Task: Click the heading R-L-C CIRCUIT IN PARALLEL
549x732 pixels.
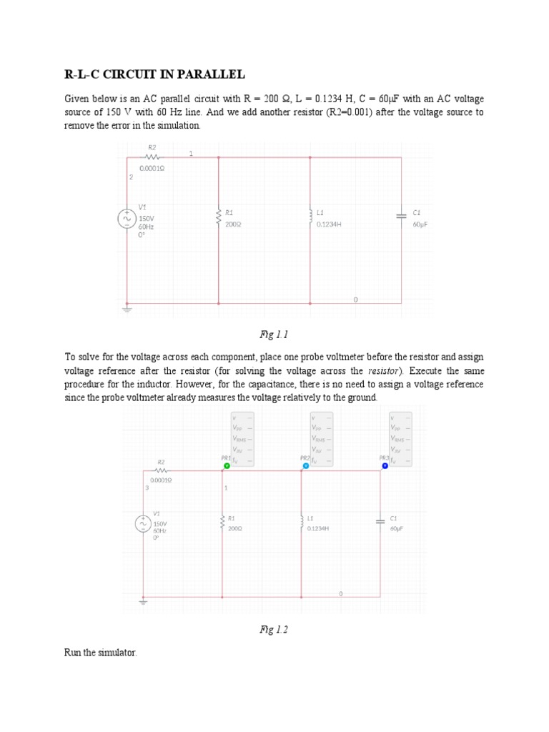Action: (x=154, y=74)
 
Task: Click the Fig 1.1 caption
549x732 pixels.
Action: (x=274, y=335)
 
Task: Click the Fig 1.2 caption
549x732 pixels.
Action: (x=274, y=630)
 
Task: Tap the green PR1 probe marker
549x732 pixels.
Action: (x=227, y=465)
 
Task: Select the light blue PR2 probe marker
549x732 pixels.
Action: (x=306, y=465)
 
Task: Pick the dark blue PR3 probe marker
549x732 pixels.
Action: (x=385, y=465)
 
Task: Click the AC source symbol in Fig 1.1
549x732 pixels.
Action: (x=127, y=218)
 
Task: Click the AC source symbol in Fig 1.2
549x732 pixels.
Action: (x=143, y=524)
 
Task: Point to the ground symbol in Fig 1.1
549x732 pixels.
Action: (x=127, y=308)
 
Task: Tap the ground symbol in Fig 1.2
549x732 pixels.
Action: (x=143, y=602)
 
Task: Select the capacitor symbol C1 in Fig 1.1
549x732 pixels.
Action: (x=401, y=214)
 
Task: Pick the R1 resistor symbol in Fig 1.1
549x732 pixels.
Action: (x=219, y=217)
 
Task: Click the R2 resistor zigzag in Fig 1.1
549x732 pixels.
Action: (x=151, y=157)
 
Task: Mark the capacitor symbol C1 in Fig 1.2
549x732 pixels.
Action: (x=380, y=521)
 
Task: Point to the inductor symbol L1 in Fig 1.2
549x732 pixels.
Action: (x=302, y=521)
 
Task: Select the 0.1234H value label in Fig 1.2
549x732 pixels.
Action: (x=317, y=529)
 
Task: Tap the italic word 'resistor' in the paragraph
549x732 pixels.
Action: (x=385, y=370)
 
